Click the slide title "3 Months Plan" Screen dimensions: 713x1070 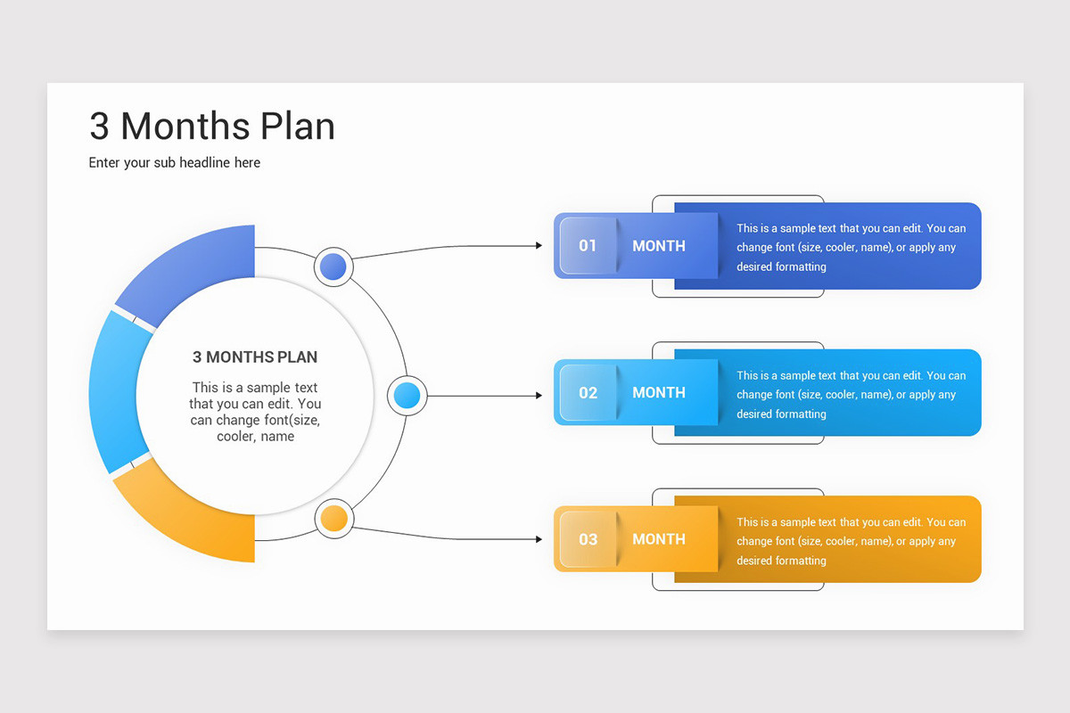(212, 127)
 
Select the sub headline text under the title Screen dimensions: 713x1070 (175, 163)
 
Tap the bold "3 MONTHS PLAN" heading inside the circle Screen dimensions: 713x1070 (255, 357)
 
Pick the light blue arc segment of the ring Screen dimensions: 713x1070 (113, 392)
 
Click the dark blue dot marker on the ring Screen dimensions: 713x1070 (333, 266)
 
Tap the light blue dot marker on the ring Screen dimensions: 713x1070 (407, 395)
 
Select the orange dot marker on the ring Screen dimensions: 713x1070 (333, 519)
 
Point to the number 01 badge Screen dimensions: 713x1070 (588, 245)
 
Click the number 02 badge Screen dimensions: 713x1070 (588, 392)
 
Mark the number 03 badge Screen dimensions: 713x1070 (588, 539)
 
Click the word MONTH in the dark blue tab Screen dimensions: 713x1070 (659, 246)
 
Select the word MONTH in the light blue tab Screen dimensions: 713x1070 (659, 392)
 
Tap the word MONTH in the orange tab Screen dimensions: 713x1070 (659, 539)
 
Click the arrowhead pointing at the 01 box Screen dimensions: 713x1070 (538, 245)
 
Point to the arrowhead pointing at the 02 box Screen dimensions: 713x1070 (538, 395)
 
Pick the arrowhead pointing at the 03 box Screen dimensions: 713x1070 (538, 539)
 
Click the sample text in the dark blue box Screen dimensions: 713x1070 (851, 248)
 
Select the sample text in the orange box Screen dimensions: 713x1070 (851, 541)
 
